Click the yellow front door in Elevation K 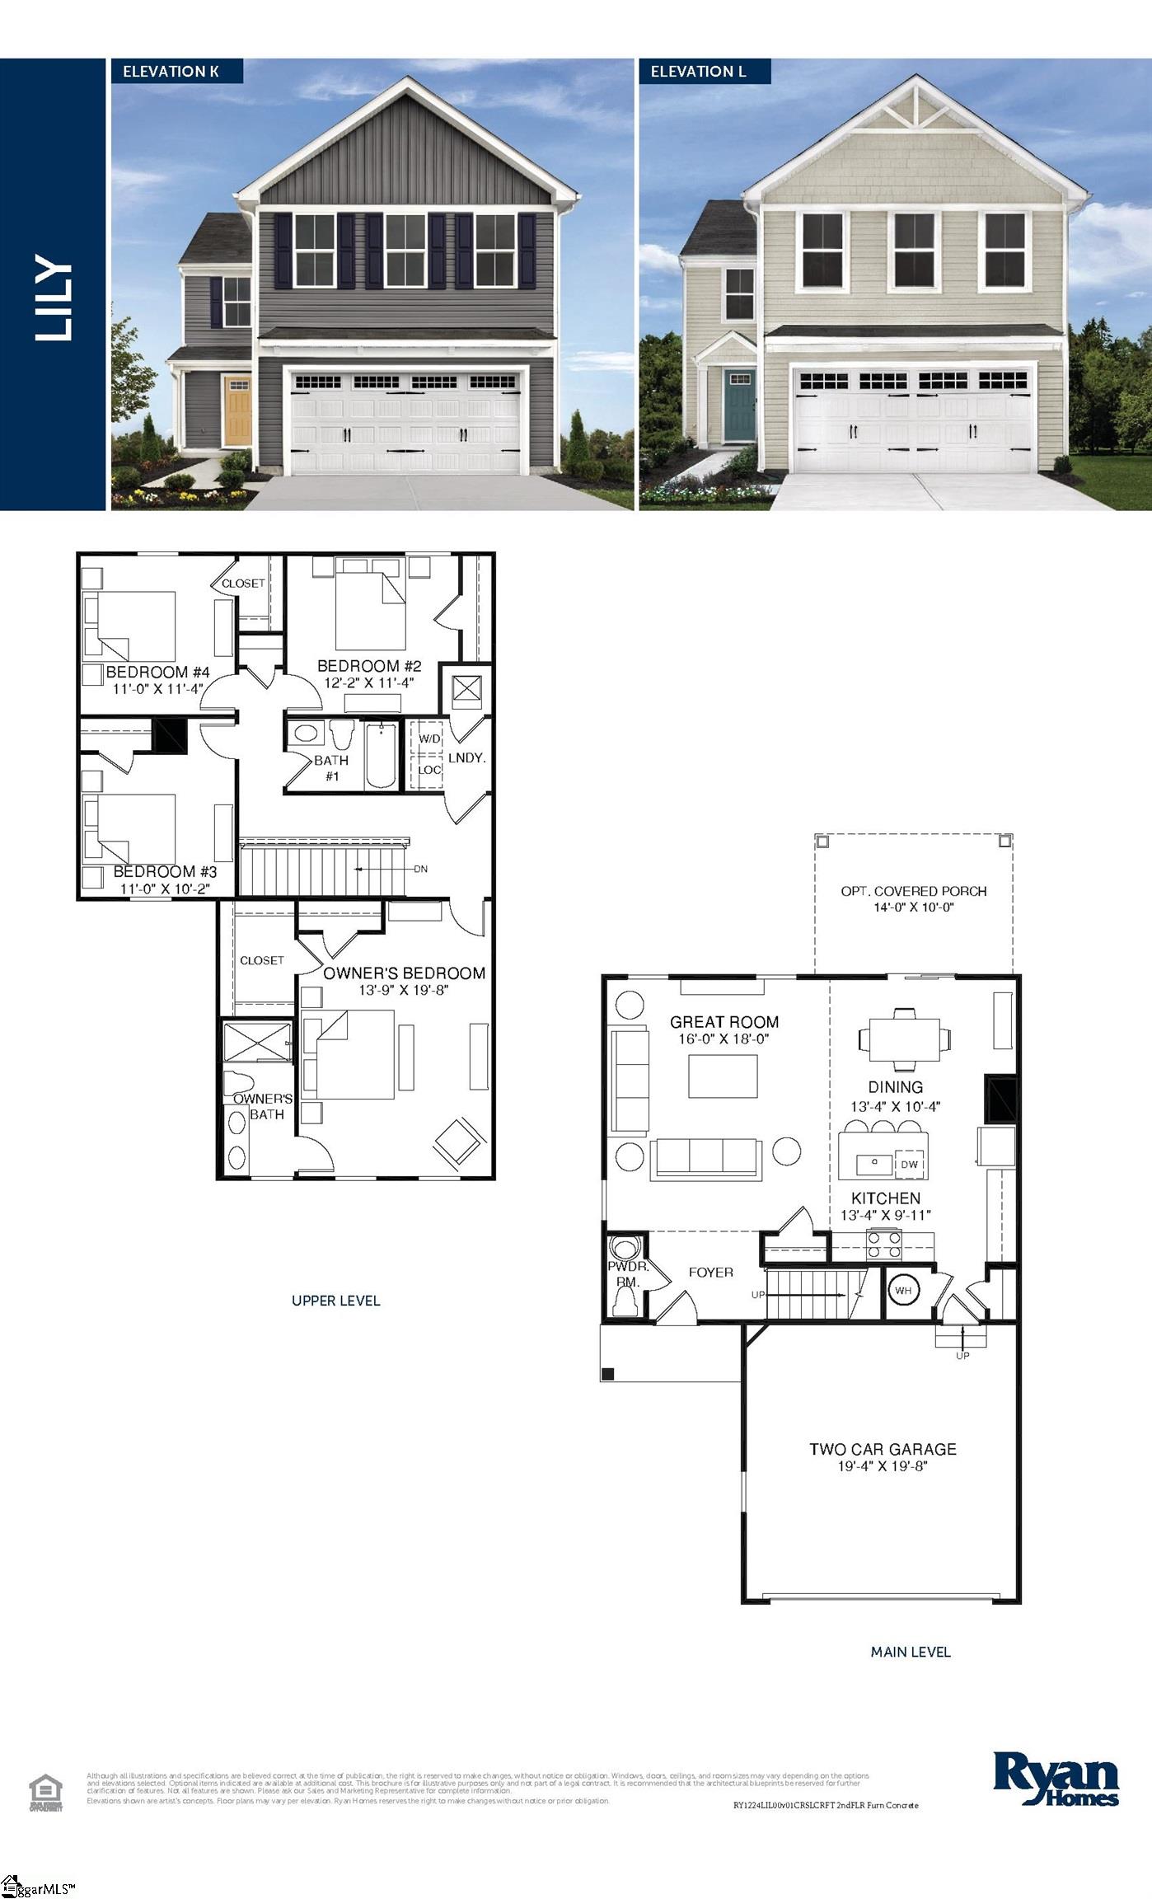click(x=238, y=410)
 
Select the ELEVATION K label click(x=171, y=72)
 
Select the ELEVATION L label click(x=698, y=72)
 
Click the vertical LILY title click(x=54, y=298)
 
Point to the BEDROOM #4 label click(x=157, y=673)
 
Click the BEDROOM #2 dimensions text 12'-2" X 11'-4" click(x=368, y=682)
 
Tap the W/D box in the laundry click(x=429, y=738)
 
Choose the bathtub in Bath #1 click(x=381, y=755)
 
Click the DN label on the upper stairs click(x=420, y=869)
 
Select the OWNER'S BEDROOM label click(x=404, y=973)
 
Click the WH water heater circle click(x=903, y=1291)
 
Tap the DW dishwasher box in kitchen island click(x=909, y=1164)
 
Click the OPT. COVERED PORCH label click(x=913, y=891)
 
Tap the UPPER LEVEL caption click(x=335, y=1301)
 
